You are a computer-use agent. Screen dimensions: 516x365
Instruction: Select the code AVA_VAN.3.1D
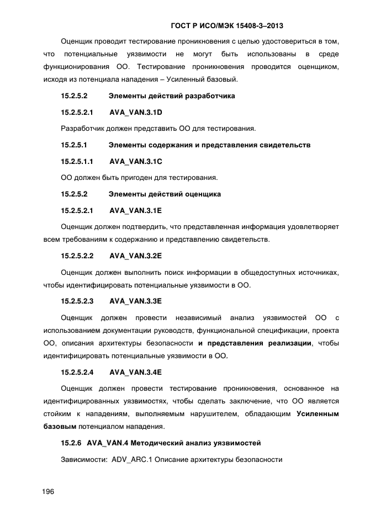(x=135, y=112)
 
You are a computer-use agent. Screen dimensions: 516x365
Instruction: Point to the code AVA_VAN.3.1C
(x=135, y=161)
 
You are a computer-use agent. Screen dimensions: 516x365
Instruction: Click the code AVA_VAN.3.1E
(x=135, y=210)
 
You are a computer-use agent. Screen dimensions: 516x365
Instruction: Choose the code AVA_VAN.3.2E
(x=135, y=256)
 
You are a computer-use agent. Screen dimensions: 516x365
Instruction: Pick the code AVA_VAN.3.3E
(x=135, y=301)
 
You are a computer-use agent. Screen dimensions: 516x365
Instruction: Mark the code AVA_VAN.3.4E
(x=135, y=372)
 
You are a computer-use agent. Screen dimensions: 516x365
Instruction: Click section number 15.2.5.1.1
(x=77, y=161)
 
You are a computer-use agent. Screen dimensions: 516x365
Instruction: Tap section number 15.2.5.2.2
(x=77, y=256)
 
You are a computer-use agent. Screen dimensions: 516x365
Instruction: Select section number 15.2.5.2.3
(x=77, y=301)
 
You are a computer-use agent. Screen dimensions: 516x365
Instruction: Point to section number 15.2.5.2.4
(x=77, y=372)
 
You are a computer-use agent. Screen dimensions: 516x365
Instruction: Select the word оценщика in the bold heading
(x=203, y=194)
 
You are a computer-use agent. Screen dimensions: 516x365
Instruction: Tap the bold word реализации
(x=289, y=343)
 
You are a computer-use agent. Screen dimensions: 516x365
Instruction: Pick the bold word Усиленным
(x=318, y=414)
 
